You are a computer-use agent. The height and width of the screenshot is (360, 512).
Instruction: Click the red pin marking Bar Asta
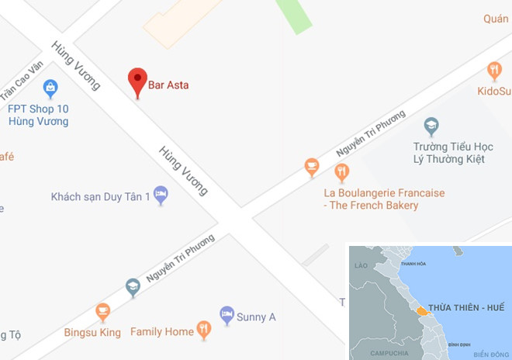[137, 81]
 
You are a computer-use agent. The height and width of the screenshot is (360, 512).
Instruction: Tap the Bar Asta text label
[168, 85]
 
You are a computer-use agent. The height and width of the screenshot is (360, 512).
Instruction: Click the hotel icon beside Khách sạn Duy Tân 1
[161, 193]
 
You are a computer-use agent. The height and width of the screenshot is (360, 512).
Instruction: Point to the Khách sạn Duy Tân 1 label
[100, 197]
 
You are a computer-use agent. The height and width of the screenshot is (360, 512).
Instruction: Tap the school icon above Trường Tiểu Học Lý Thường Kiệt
[431, 126]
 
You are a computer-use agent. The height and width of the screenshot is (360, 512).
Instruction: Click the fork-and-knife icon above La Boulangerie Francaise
[341, 171]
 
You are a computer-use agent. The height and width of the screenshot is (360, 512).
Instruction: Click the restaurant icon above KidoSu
[494, 71]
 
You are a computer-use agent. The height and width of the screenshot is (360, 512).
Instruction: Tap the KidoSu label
[493, 92]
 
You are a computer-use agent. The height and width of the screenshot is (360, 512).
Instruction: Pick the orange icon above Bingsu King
[102, 313]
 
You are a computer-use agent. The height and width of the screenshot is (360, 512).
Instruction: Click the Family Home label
[161, 332]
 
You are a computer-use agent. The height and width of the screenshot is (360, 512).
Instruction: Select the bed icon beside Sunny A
[227, 314]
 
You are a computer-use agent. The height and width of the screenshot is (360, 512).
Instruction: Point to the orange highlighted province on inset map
[420, 310]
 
